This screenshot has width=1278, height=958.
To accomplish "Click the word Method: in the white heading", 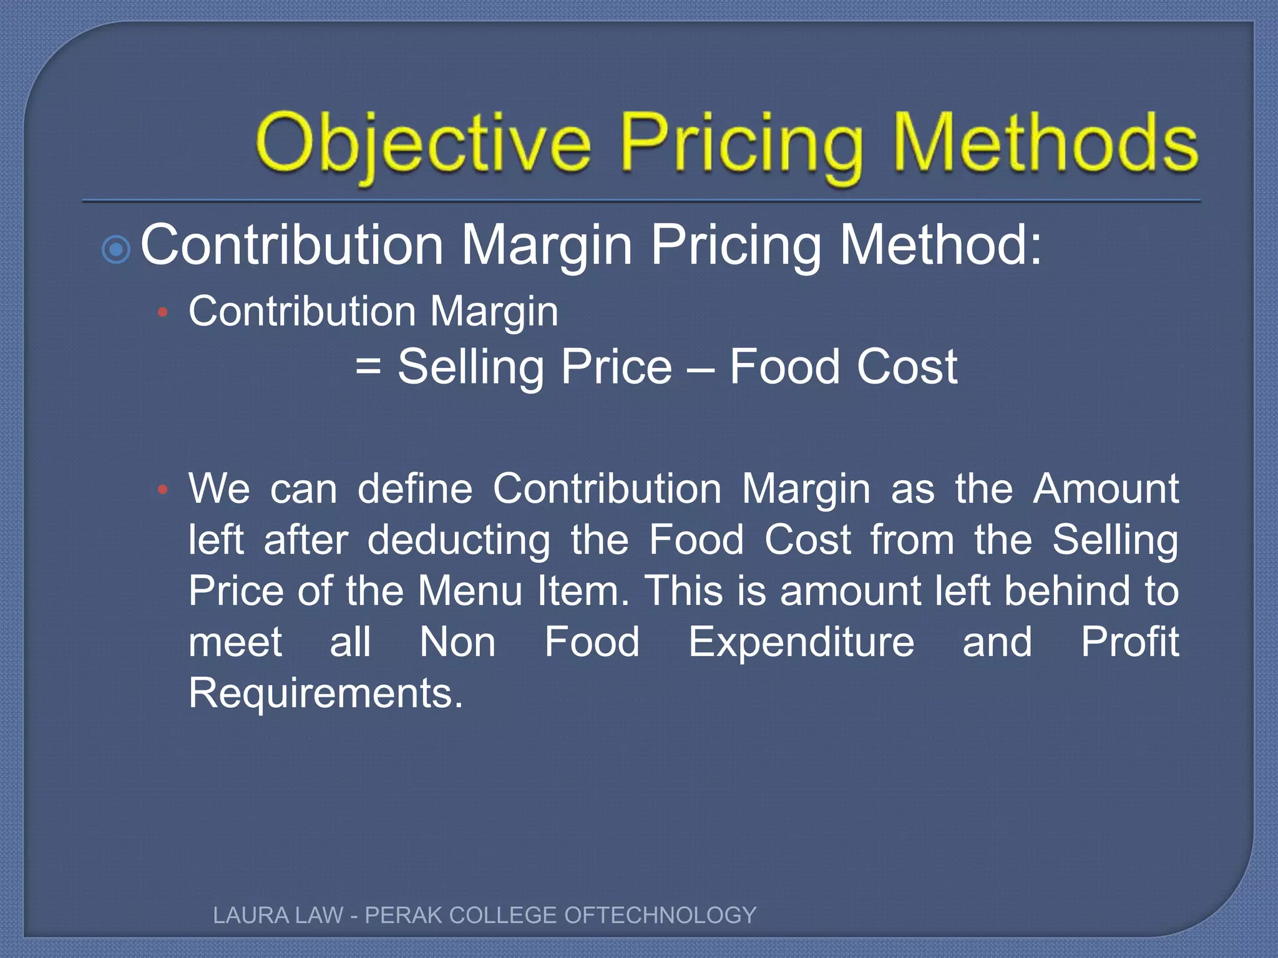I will pos(941,245).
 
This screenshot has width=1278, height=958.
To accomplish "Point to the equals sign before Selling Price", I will pos(368,366).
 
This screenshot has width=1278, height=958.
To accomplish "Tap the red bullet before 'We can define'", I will pos(163,490).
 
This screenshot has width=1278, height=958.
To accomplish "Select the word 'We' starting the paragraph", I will pos(220,488).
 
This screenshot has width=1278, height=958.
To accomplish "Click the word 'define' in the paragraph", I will pos(415,488).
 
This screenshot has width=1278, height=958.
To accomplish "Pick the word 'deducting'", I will pos(459,541).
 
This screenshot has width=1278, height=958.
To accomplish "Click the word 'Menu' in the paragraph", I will pos(470,591).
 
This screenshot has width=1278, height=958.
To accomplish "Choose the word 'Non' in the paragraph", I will pos(457,642).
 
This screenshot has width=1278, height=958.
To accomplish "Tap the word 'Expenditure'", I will pos(801,643).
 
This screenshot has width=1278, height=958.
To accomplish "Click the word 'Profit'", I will pos(1129,642).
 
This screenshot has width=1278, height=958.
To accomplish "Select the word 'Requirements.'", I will pos(326,694).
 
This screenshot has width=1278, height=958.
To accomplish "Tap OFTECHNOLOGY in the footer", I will pos(660,916).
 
